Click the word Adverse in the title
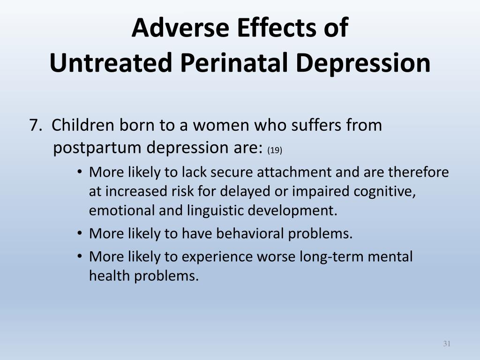pyautogui.click(x=180, y=27)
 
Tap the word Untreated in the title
pyautogui.click(x=111, y=62)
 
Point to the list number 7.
pyautogui.click(x=36, y=125)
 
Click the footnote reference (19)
pyautogui.click(x=275, y=150)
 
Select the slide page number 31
pyautogui.click(x=447, y=344)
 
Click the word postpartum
pyautogui.click(x=97, y=148)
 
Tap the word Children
pyautogui.click(x=82, y=125)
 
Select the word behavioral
pyautogui.click(x=250, y=233)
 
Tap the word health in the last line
pyautogui.click(x=109, y=276)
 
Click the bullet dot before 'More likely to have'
pyautogui.click(x=80, y=233)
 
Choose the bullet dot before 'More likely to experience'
pyautogui.click(x=80, y=256)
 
